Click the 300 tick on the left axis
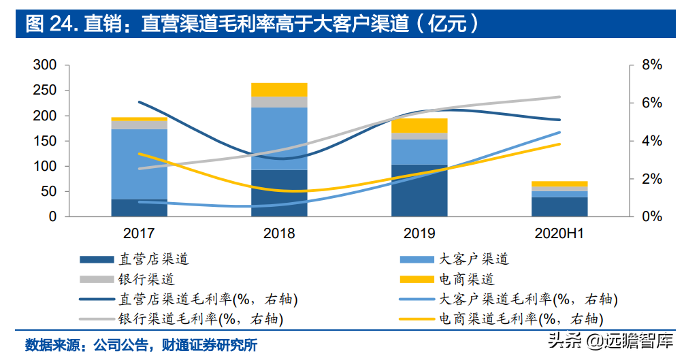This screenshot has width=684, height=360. pyautogui.click(x=44, y=65)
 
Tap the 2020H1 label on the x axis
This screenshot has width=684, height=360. pyautogui.click(x=559, y=233)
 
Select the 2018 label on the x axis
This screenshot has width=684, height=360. pyautogui.click(x=279, y=233)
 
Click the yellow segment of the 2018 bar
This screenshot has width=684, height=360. pyautogui.click(x=279, y=89)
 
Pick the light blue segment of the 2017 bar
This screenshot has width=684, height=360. pyautogui.click(x=140, y=163)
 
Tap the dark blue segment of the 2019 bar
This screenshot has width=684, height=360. pyautogui.click(x=419, y=191)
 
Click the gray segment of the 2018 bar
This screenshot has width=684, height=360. pyautogui.click(x=279, y=101)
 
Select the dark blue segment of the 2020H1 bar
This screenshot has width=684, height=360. pyautogui.click(x=559, y=207)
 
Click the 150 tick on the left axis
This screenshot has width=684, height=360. pyautogui.click(x=44, y=141)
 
